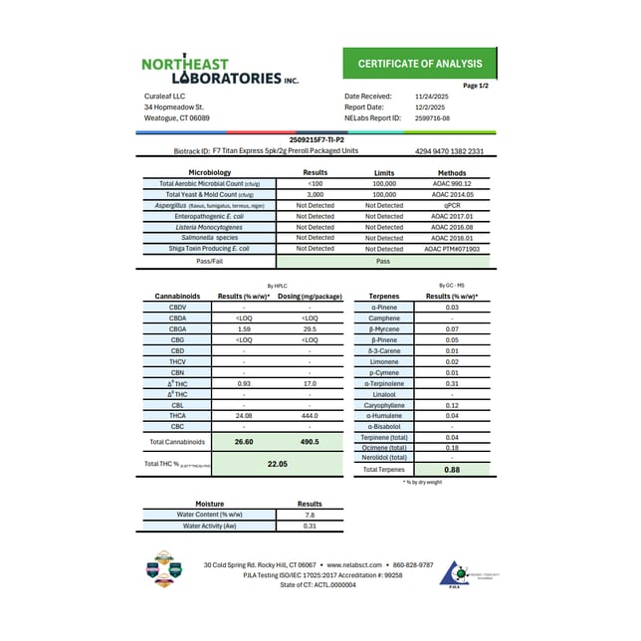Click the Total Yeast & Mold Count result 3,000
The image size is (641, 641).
[x=316, y=194]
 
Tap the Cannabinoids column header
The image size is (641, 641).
[x=178, y=297]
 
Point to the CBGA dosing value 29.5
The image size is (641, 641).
[x=310, y=328]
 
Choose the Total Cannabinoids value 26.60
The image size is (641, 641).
[x=244, y=441]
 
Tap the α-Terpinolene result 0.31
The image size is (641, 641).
[x=452, y=383]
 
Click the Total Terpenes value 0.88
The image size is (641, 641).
[x=452, y=469]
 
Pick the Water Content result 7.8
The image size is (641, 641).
[x=310, y=515]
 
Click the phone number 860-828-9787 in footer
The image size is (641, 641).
[x=411, y=564]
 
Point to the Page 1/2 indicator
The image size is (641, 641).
[x=476, y=86]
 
